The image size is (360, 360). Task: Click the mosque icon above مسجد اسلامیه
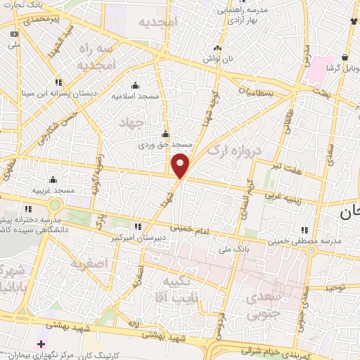coord(135,85)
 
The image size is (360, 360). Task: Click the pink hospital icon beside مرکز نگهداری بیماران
coord(41,345)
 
